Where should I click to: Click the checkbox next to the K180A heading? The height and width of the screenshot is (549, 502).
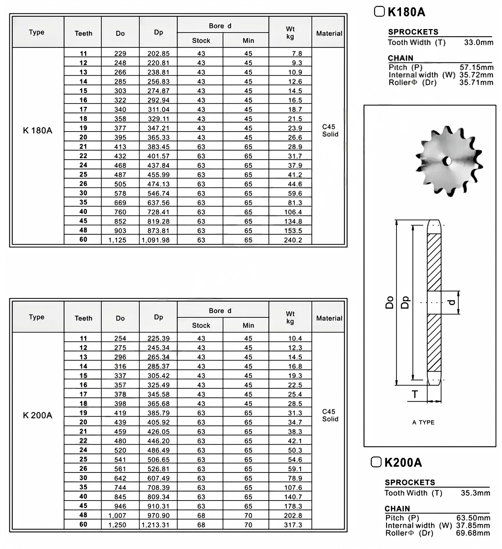[x=379, y=12]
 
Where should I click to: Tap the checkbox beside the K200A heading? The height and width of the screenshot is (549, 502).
[x=376, y=462]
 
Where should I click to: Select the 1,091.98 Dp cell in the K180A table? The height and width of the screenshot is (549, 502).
[x=156, y=240]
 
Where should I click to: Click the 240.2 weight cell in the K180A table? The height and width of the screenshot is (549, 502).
[x=293, y=240]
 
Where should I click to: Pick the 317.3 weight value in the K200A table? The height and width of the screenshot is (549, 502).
[x=293, y=525]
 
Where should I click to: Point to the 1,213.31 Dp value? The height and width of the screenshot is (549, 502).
[x=156, y=525]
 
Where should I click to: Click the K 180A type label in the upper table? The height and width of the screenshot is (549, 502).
[x=38, y=131]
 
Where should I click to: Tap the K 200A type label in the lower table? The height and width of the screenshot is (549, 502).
[x=38, y=416]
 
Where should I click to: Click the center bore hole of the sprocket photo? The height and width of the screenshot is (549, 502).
[x=447, y=161]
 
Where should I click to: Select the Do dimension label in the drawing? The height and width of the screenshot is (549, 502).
[x=389, y=303]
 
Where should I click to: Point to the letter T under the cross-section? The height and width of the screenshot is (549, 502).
[x=415, y=394]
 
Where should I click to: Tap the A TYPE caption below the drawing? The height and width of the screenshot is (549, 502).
[x=423, y=422]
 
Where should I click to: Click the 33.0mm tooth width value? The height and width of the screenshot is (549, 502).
[x=478, y=42]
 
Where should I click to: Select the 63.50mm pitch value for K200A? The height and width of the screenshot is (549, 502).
[x=473, y=518]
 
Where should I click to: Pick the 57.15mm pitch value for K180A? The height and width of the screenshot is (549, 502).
[x=477, y=67]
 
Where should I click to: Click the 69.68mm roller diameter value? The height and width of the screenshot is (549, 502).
[x=473, y=533]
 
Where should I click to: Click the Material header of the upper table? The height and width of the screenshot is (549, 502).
[x=329, y=33]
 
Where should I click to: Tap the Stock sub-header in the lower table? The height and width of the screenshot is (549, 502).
[x=201, y=325]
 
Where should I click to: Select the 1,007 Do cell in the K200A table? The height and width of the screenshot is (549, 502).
[x=117, y=515]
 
